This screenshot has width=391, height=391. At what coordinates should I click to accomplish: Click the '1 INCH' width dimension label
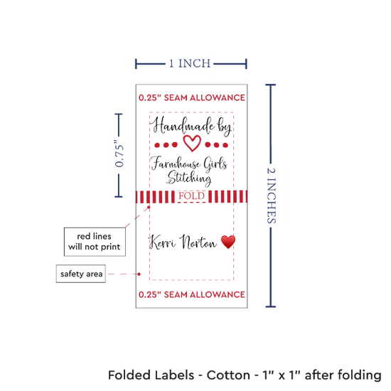coord(190,63)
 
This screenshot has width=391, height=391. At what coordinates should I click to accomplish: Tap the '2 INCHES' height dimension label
coord(272,195)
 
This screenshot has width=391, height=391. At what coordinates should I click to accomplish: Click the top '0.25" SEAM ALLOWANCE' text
coord(192,97)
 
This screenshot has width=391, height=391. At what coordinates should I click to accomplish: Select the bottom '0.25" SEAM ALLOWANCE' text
coord(192,294)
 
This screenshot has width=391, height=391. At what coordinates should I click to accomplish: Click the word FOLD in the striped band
coord(191,196)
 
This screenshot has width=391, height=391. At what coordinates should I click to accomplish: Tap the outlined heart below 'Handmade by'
coord(192,143)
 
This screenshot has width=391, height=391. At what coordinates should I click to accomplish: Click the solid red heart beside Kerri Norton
coord(228,242)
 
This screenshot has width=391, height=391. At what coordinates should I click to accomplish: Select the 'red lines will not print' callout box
coord(95,242)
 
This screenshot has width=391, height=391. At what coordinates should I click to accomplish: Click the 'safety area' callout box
coord(81,274)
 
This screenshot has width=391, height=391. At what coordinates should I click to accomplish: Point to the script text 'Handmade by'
coord(191,126)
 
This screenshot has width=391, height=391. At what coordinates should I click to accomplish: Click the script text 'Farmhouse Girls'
coord(189,164)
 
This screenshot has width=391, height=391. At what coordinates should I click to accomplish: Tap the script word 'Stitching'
coord(189,178)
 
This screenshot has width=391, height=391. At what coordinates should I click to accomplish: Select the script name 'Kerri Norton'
coord(183,242)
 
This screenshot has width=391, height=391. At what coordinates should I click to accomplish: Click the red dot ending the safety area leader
coord(139,274)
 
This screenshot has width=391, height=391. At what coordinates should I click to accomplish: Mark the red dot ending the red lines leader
coord(149,207)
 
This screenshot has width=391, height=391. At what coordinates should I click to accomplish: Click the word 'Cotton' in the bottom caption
coord(228,375)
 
